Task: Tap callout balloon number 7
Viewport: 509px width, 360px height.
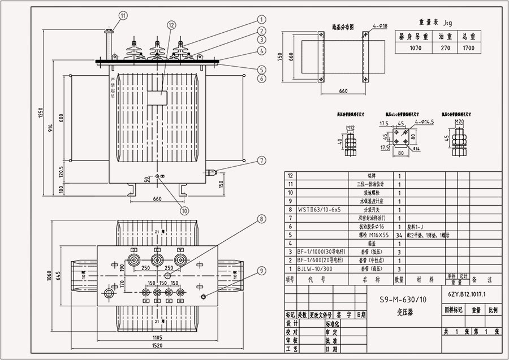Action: click(261, 161)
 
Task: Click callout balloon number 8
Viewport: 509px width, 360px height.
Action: click(261, 219)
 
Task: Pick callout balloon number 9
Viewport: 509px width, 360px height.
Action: click(261, 271)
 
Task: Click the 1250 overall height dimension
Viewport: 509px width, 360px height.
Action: click(40, 114)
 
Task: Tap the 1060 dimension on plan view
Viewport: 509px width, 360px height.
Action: click(49, 276)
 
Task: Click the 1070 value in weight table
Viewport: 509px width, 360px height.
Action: click(415, 49)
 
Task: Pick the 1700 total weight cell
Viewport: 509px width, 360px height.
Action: click(468, 49)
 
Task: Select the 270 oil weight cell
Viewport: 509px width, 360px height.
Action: click(445, 49)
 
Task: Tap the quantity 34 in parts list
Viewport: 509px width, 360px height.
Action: click(399, 234)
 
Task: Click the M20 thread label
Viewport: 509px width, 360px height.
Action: click(459, 122)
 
